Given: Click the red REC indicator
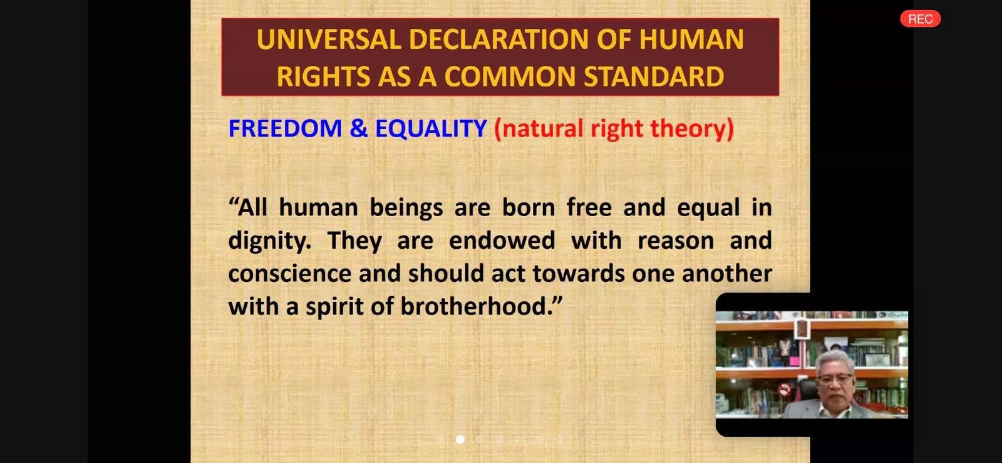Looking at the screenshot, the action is pos(920,19).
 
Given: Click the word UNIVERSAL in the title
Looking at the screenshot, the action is pos(329,39).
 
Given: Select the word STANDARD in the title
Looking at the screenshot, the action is pos(654,76).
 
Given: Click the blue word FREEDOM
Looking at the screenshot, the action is pos(285,128).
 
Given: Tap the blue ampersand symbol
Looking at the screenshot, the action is pos(358,128).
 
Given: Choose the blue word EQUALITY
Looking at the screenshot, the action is pos(431,128).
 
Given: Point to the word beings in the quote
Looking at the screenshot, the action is pos(406,208).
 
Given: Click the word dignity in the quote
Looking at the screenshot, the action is pos(269,241).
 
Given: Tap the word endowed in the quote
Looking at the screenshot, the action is pos(502,240).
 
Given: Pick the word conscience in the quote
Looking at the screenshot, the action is pos(289,273).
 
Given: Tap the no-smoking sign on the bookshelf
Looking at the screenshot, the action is pos(784,390).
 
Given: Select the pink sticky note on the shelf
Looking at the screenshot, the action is pos(793,360).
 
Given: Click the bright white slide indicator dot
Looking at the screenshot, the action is pos(460,439).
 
